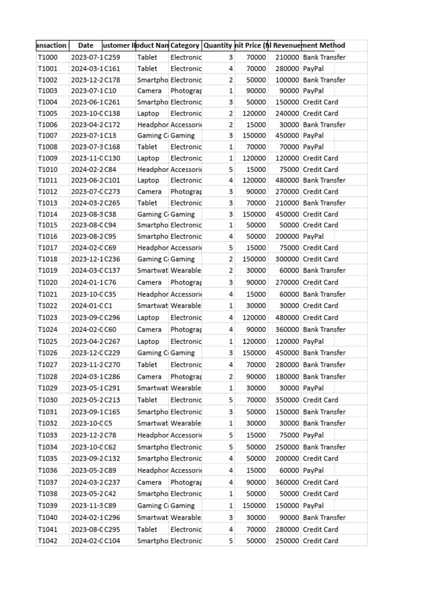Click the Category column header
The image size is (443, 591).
point(185,45)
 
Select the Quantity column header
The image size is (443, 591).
point(217,45)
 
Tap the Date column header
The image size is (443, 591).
point(85,45)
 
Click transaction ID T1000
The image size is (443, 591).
point(48,57)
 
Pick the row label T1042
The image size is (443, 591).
point(48,541)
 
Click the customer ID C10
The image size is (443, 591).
point(110,91)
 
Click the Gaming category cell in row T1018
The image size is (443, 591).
point(182,259)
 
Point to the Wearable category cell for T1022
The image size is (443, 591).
point(186,306)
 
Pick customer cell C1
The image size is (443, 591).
point(108,306)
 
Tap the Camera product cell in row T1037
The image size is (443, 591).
point(149,482)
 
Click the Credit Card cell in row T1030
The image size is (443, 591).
point(320,400)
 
